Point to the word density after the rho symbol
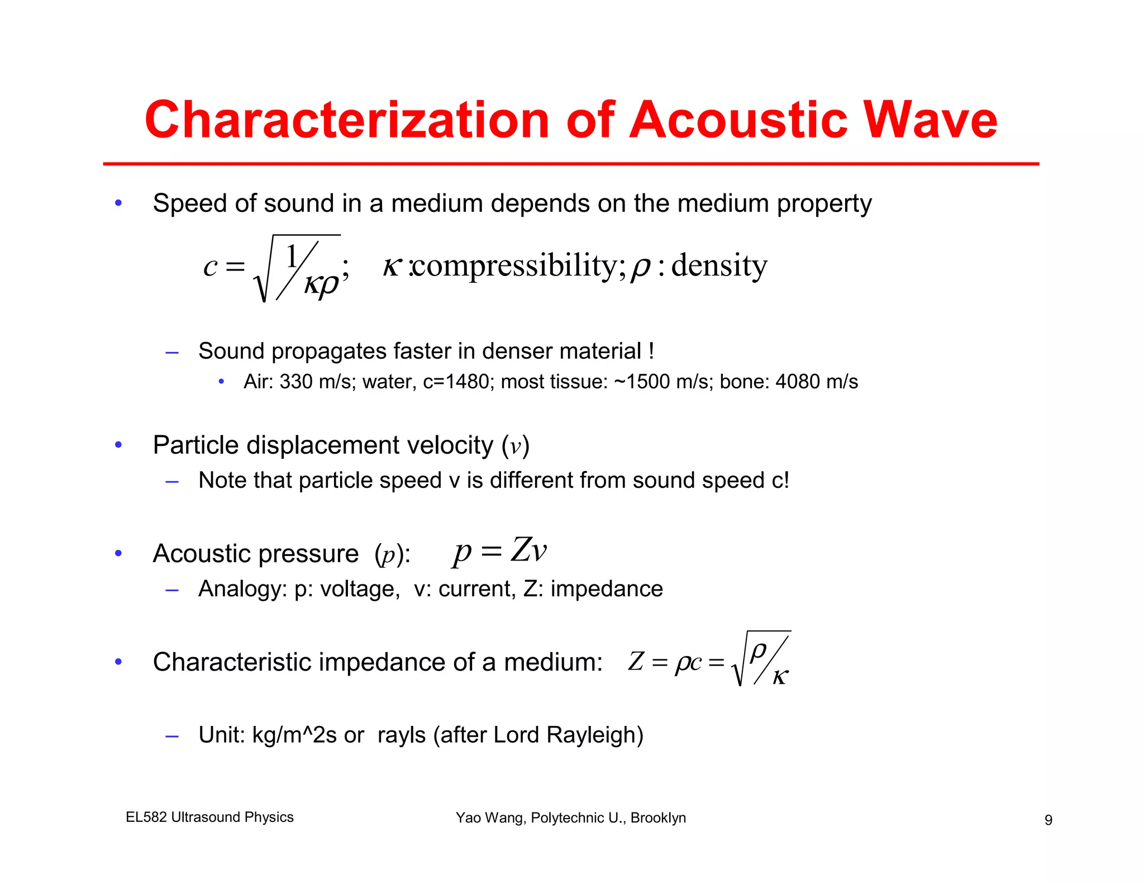[719, 265]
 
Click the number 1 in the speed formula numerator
[292, 257]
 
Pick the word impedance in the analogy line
[607, 589]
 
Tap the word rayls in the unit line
[402, 735]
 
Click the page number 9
[1048, 820]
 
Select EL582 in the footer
[146, 817]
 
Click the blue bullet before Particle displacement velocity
[118, 445]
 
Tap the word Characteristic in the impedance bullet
[232, 662]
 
